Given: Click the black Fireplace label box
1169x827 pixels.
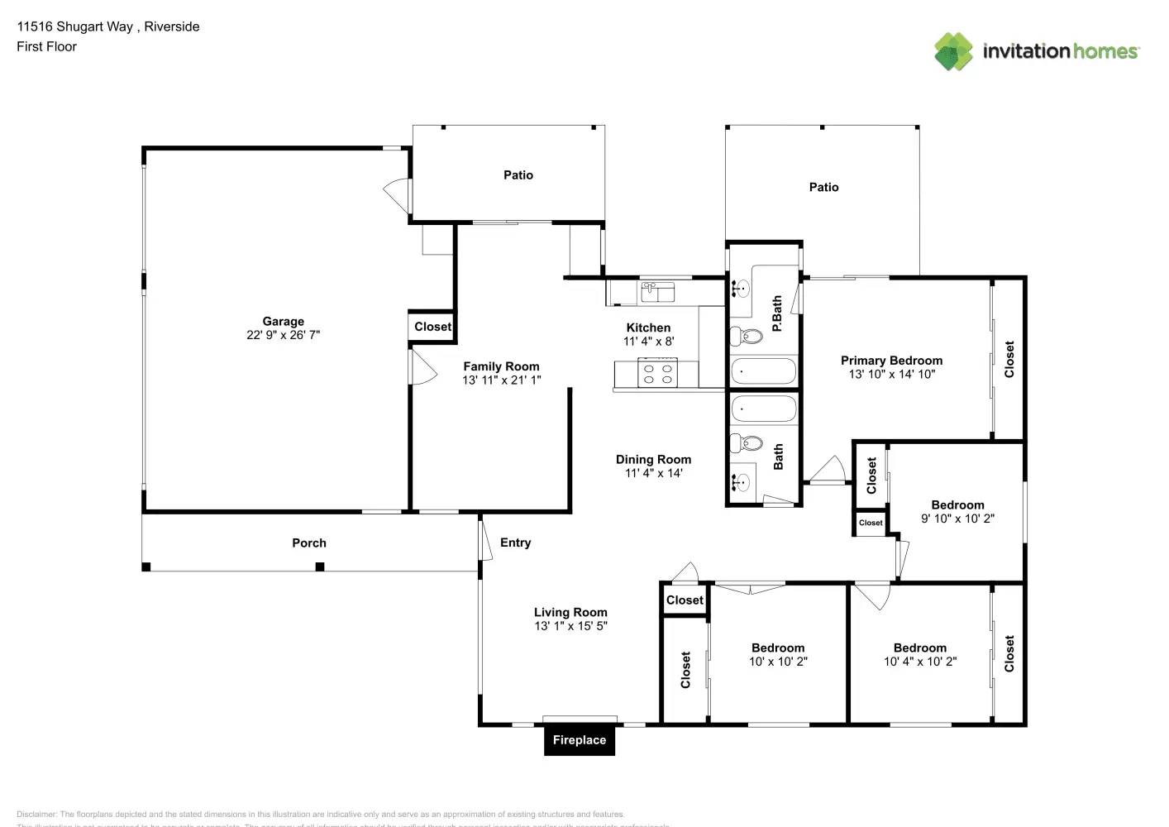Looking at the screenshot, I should click(579, 740).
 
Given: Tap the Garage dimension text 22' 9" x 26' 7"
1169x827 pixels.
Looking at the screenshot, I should click(283, 335).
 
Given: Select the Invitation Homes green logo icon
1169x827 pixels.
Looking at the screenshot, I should click(953, 51).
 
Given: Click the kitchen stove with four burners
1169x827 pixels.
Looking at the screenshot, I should click(659, 374).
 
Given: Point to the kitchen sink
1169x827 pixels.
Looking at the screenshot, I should click(657, 292).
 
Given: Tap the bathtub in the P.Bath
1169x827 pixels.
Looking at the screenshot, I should click(763, 371).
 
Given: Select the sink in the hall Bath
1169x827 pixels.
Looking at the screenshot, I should click(742, 481).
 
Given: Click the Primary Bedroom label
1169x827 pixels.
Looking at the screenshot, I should click(891, 361).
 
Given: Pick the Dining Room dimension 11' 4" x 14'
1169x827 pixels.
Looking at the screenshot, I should click(653, 473).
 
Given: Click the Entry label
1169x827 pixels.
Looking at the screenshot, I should click(515, 543).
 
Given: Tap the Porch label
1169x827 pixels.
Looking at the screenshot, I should click(309, 543).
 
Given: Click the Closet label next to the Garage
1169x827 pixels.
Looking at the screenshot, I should click(432, 327).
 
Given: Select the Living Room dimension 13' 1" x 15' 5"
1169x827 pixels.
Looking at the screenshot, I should click(570, 626).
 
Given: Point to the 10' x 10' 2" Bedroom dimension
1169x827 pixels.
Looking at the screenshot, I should click(778, 662).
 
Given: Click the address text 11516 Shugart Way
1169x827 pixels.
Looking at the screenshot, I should click(74, 26).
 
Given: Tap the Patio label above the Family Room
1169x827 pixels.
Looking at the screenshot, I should click(518, 174).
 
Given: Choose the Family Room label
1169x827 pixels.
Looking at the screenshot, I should click(501, 366).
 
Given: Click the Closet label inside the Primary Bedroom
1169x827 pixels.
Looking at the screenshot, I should click(1009, 360).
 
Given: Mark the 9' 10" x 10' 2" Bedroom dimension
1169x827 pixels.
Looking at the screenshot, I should click(957, 519).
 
